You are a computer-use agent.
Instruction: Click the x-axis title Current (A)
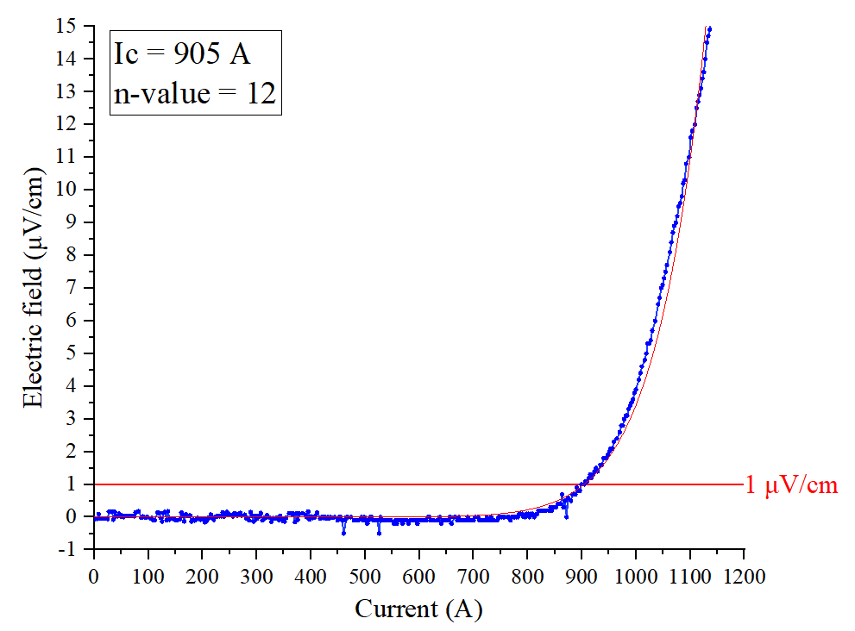(x=418, y=609)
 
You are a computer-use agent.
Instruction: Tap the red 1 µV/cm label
(x=791, y=485)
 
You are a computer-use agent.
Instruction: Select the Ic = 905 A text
(x=182, y=55)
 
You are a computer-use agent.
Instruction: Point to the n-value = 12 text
(x=194, y=93)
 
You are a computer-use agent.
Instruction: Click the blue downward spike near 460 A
(x=343, y=532)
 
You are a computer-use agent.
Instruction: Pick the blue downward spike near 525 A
(x=379, y=532)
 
